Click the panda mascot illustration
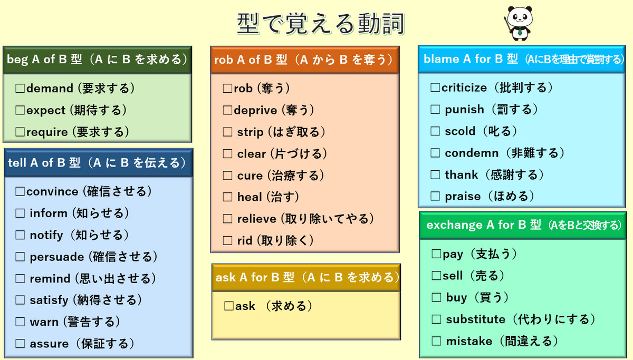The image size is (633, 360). tap(520, 22)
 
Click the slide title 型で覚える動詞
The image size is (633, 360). tap(321, 24)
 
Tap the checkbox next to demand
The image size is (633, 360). tap(21, 89)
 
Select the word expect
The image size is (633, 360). tap(46, 110)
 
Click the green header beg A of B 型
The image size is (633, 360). tap(97, 60)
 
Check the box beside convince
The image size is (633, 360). tap(21, 191)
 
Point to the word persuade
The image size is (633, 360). tap(57, 257)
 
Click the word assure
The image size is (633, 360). tap(49, 344)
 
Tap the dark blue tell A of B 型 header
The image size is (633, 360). tap(97, 163)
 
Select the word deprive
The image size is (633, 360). tap(256, 110)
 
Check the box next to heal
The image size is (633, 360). tap(228, 197)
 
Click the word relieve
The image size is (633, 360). tap(256, 219)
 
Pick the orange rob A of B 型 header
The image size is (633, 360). tap(304, 60)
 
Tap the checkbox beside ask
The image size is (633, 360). tap(229, 306)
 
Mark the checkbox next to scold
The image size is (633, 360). tap(436, 131)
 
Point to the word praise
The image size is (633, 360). tap(463, 197)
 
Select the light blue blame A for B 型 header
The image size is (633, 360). tap(524, 60)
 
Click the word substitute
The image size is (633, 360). tap(475, 319)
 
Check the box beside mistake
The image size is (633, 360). tap(437, 342)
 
